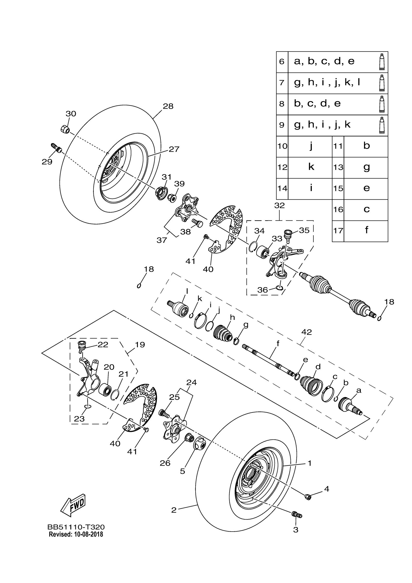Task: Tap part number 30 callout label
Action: [71, 114]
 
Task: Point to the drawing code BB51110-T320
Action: [76, 527]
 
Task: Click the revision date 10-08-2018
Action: [88, 534]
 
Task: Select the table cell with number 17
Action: [338, 231]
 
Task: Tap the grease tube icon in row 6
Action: [381, 62]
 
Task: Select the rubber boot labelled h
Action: [222, 333]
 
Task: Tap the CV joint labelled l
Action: [180, 308]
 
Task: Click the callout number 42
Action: [307, 332]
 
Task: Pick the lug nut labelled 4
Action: [308, 497]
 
